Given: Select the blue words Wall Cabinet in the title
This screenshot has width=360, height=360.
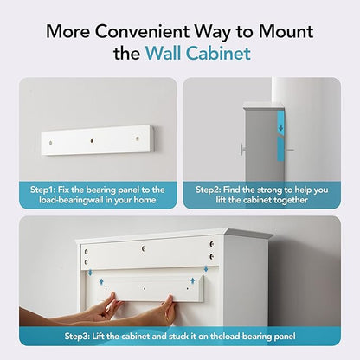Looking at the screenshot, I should point(198,55).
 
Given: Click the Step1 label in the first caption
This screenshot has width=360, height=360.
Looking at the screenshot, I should point(44,189).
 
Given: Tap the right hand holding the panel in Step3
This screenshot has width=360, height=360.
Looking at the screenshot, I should point(164,310).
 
